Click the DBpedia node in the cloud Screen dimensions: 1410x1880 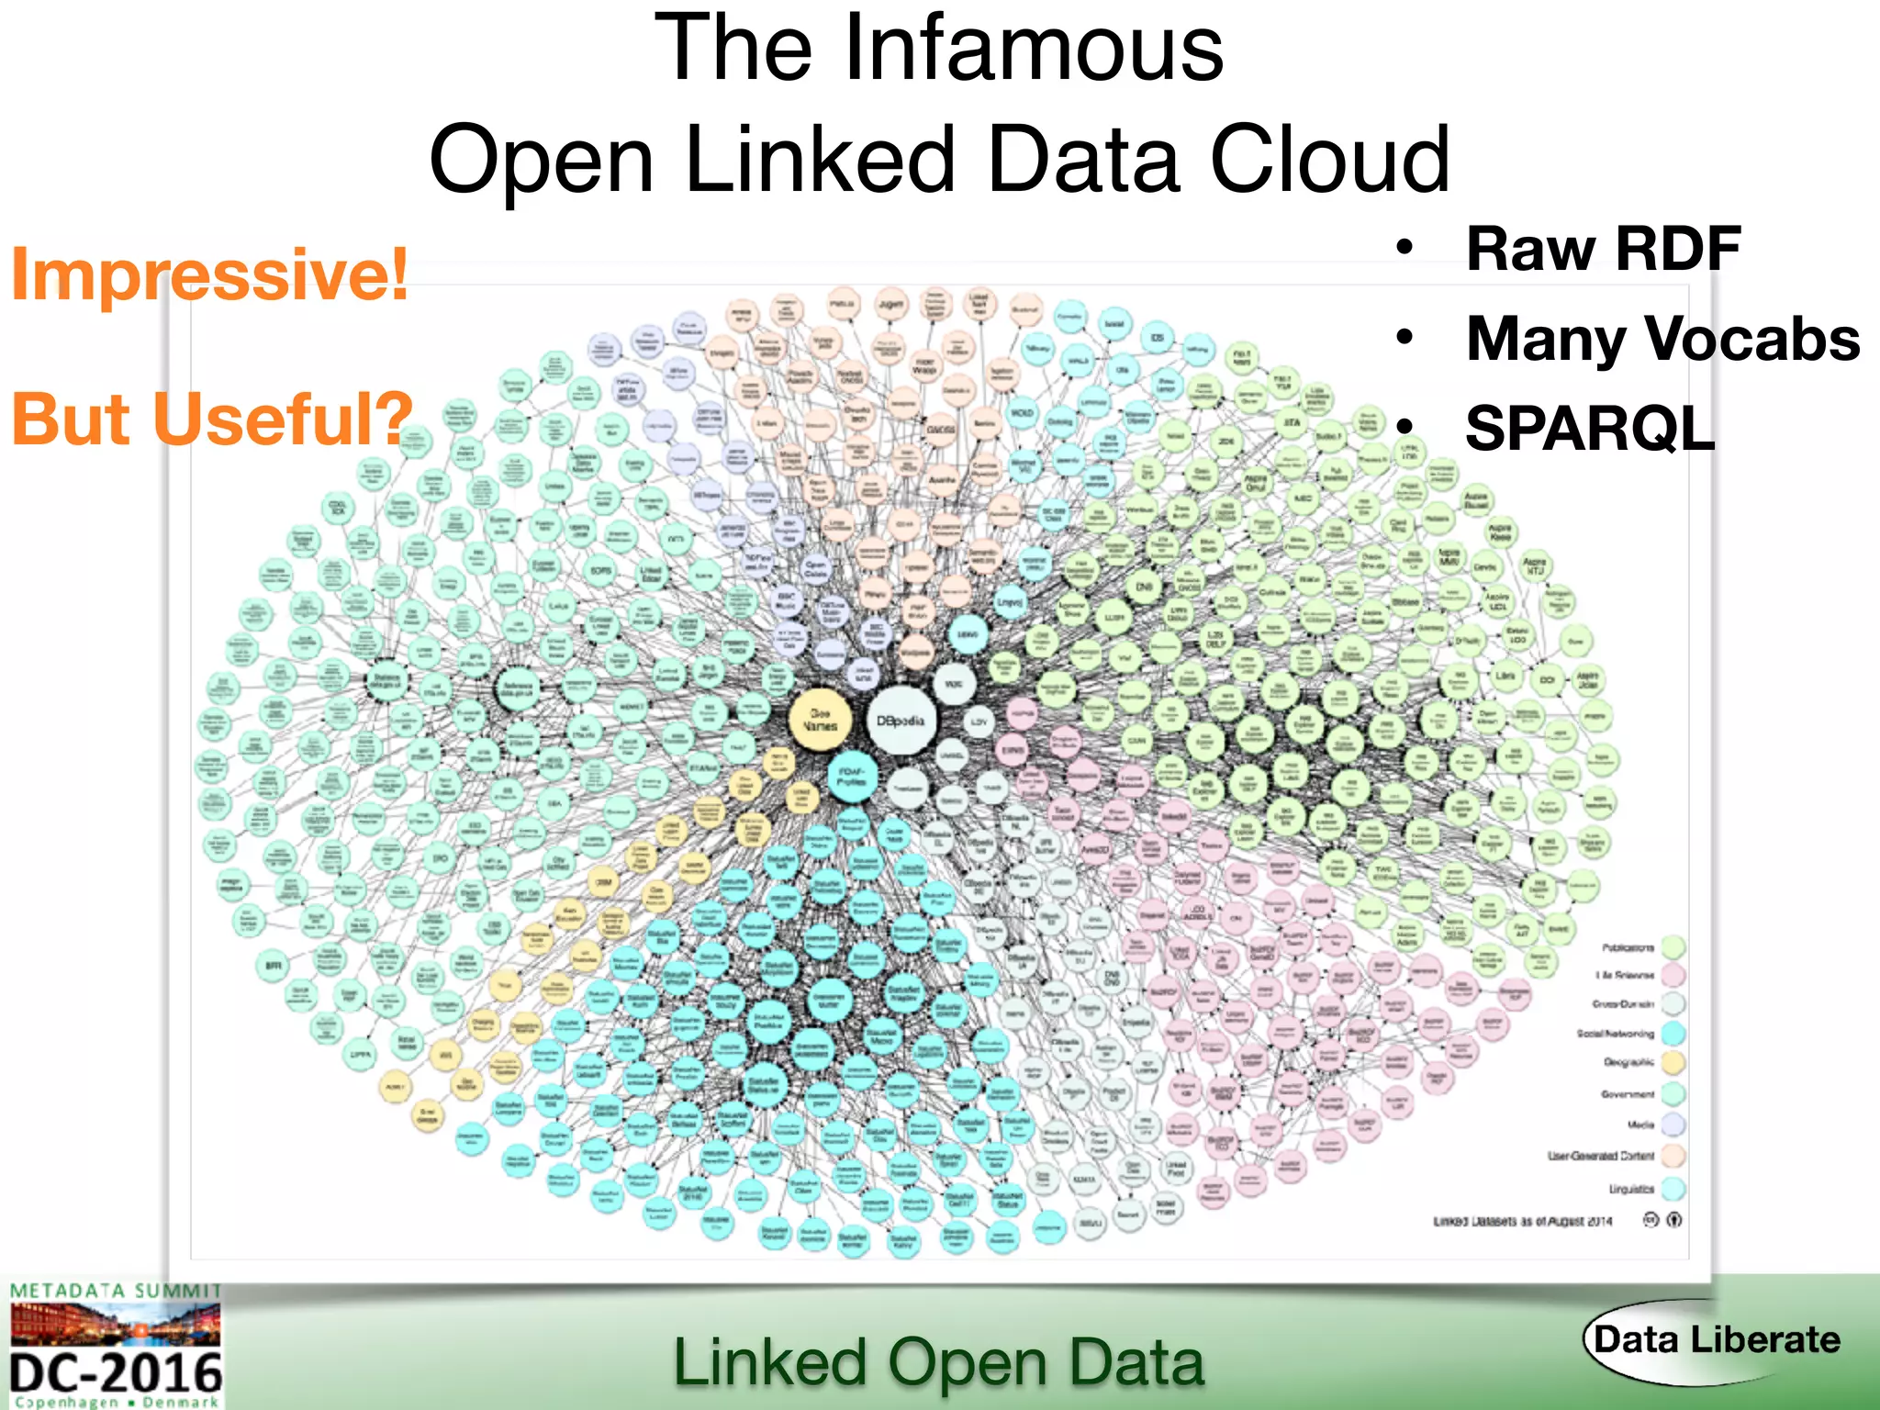click(x=901, y=721)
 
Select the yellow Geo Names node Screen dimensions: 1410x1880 click(x=820, y=719)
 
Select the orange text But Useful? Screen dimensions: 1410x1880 click(x=212, y=419)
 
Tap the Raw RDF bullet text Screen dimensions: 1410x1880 click(x=1603, y=249)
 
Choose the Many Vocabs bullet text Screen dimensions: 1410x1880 click(x=1662, y=339)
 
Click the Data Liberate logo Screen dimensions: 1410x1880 click(x=1714, y=1341)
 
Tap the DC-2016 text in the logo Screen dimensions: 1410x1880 click(x=116, y=1374)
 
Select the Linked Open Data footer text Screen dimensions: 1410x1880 click(x=938, y=1362)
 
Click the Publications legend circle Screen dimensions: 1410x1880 click(x=1673, y=946)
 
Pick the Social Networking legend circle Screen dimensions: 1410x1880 click(x=1673, y=1034)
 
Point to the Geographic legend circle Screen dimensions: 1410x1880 click(x=1673, y=1063)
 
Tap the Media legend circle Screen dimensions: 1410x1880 click(x=1673, y=1125)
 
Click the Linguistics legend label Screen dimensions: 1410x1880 click(x=1630, y=1190)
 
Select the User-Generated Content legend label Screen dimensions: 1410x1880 click(x=1600, y=1156)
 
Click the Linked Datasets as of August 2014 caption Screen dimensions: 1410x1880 click(x=1522, y=1222)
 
